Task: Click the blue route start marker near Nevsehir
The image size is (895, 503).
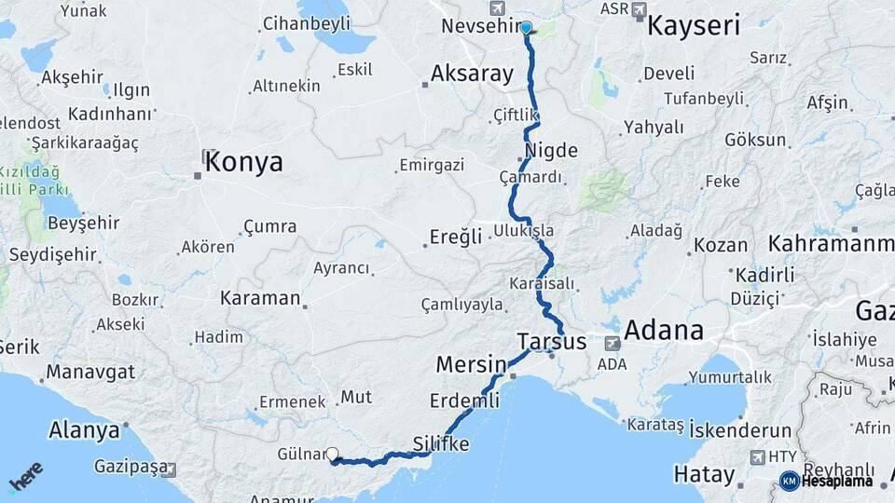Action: pos(526,28)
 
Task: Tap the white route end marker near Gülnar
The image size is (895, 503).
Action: pos(333,455)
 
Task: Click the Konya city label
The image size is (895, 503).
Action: pos(243,163)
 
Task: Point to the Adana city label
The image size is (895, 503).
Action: pos(663,331)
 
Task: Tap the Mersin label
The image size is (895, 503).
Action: pos(471,363)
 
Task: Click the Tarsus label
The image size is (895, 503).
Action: pos(551,342)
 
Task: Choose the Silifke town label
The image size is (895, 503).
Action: pos(440,445)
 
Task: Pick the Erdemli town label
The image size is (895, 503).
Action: pos(464,401)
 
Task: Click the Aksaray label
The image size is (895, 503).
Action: pos(473,75)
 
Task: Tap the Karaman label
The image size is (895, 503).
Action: pos(260,299)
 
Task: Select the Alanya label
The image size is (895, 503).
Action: pos(87,431)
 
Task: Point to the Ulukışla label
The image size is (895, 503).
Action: pos(524,230)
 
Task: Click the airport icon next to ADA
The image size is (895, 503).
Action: pos(613,343)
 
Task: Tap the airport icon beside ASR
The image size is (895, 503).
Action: pos(639,10)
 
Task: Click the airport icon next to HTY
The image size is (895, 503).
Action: pos(756,456)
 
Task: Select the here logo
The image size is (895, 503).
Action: pos(26,477)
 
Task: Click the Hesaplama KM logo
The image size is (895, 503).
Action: pos(826,481)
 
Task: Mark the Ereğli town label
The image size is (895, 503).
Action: pos(456,237)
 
